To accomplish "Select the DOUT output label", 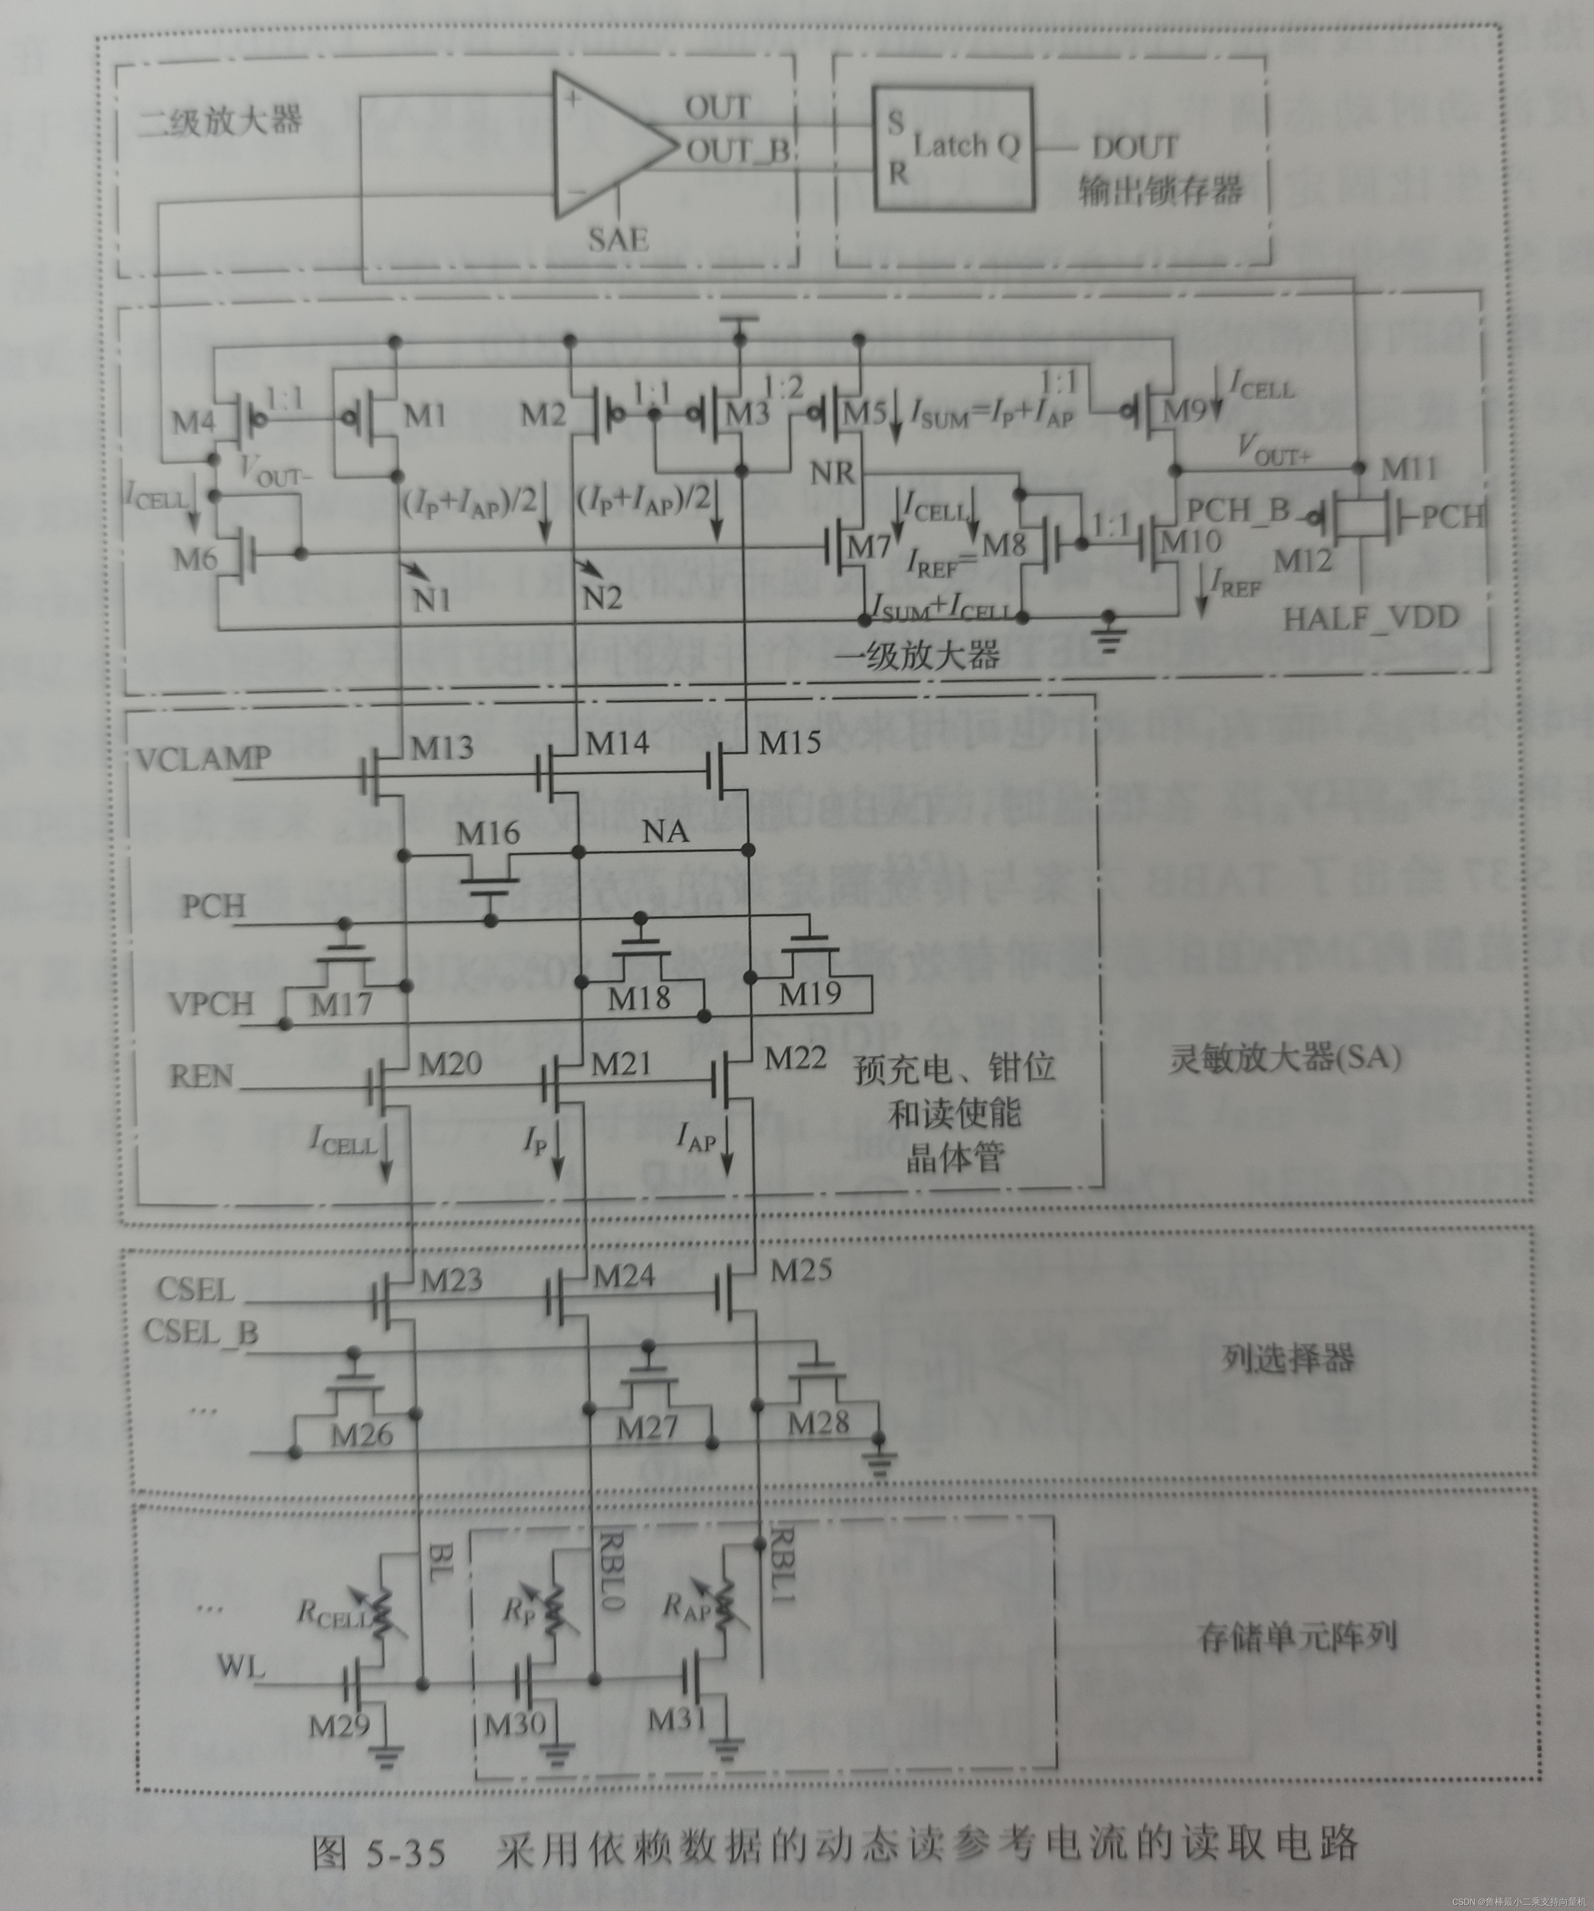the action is coord(1134,147).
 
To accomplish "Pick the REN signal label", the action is coord(201,1077).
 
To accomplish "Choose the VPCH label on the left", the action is coord(210,1004).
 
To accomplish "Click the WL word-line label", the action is coord(241,1667).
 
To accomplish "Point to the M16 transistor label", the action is coord(488,832).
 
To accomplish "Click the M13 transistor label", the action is coord(442,748).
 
